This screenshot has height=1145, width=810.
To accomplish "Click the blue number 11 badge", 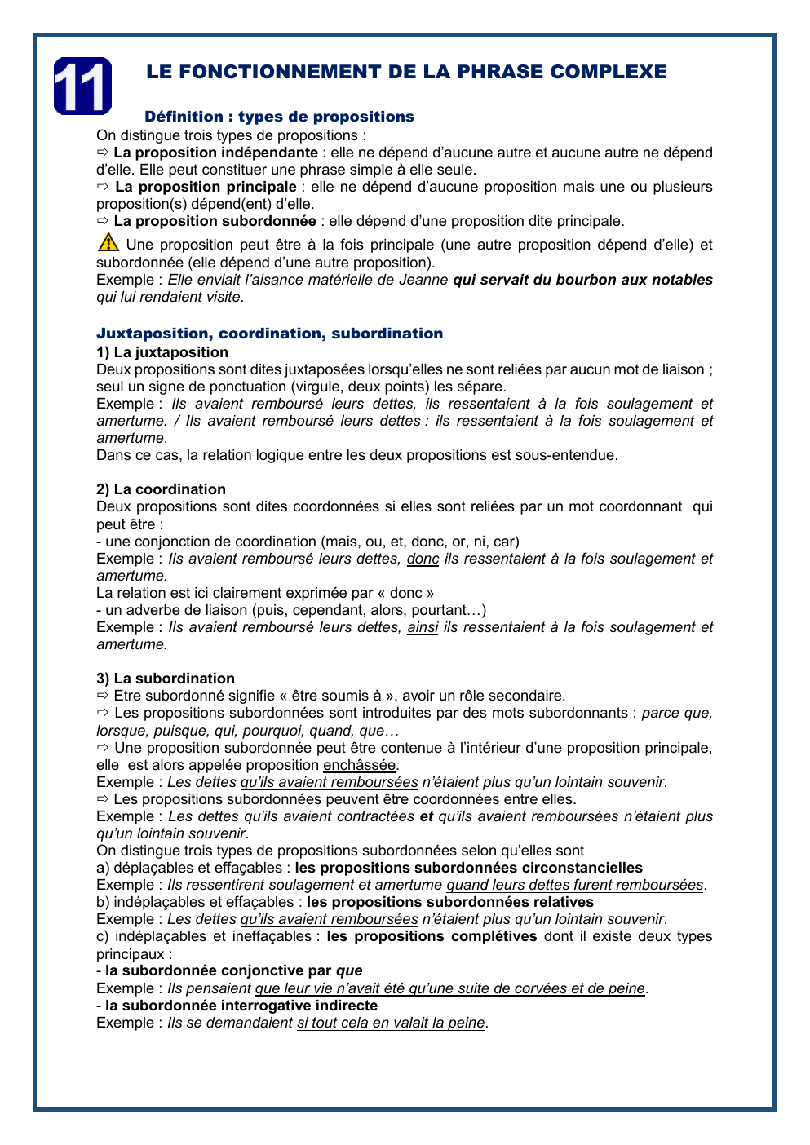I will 82,86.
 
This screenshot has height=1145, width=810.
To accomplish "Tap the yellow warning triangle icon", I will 108,242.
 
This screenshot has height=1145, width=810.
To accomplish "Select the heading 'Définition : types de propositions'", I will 279,117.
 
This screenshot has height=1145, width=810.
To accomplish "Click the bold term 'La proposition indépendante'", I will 215,153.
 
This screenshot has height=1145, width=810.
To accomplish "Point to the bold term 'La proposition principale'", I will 206,187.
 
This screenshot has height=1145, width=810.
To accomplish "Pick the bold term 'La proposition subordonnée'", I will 215,221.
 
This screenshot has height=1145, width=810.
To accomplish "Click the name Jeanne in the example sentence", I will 423,280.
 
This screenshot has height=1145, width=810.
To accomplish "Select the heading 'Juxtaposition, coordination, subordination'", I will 269,334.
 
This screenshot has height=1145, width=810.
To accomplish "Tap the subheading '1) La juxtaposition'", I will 162,352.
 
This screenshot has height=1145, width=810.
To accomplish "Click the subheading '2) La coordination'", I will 161,489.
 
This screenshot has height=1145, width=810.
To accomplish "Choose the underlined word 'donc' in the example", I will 423,559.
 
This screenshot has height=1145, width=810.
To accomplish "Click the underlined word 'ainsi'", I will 423,627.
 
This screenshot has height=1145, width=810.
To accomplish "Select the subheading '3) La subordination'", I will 166,679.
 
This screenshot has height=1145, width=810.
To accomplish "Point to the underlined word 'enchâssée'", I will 359,765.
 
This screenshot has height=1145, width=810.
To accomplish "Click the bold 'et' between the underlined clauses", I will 426,816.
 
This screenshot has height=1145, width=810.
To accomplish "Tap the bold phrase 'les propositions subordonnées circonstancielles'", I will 468,868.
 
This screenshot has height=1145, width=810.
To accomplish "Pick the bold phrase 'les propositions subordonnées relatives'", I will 449,902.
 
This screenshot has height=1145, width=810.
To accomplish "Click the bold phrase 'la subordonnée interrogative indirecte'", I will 241,1006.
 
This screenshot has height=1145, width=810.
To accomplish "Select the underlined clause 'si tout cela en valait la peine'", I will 391,1023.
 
